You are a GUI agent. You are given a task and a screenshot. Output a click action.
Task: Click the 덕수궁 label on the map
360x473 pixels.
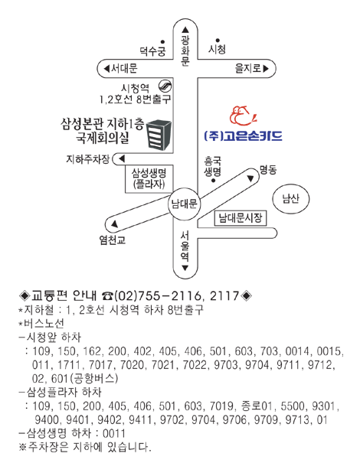[x=153, y=51]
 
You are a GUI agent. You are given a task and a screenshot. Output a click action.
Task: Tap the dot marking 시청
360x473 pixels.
[x=218, y=40]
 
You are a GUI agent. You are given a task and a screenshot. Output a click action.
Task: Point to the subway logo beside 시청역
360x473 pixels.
[x=165, y=86]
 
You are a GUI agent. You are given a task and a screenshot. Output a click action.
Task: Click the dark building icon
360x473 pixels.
[x=159, y=135]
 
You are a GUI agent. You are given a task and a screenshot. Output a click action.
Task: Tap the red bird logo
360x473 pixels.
[x=243, y=116]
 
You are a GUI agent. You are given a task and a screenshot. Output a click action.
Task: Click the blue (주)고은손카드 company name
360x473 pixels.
[x=243, y=135]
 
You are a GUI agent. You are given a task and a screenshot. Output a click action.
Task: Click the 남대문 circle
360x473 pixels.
[x=184, y=204]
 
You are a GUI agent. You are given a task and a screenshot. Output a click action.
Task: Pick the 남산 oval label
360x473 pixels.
[x=291, y=199]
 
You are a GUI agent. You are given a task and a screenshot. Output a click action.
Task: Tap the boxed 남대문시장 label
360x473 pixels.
[x=241, y=218]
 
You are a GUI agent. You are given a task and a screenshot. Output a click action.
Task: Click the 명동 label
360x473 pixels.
[x=268, y=170]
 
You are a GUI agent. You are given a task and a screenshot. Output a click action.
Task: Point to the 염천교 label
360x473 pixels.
[x=113, y=240]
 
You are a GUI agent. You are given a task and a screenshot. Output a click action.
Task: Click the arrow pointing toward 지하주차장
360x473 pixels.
[x=122, y=158]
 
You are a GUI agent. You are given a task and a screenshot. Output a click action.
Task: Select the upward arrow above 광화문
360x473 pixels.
[x=185, y=30]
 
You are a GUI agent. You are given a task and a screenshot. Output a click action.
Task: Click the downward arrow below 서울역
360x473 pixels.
[x=185, y=268]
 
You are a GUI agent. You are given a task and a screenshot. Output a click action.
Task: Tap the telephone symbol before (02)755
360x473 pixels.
[x=107, y=296]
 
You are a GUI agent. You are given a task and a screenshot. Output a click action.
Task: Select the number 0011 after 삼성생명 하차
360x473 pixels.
[x=114, y=434]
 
